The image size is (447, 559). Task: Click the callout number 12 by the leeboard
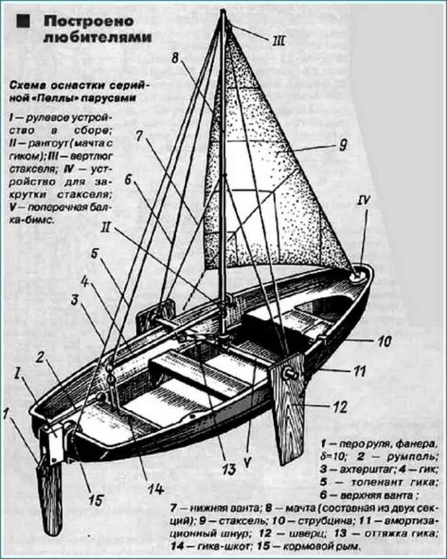click(340, 404)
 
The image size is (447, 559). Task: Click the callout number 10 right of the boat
click(383, 342)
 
